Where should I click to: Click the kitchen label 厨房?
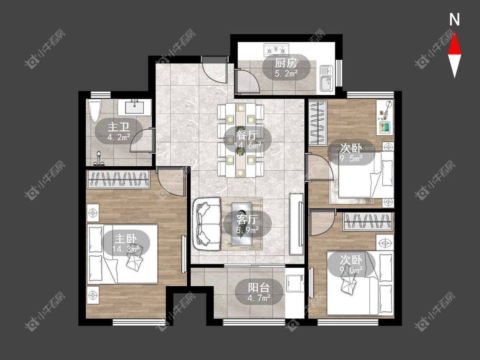click(x=285, y=64)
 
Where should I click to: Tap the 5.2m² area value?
click(x=286, y=73)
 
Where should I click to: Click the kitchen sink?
click(x=326, y=78)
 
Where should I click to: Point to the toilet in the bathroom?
click(x=94, y=111)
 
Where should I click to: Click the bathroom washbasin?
click(x=134, y=107)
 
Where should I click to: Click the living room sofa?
click(x=207, y=224)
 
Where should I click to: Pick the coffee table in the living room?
click(x=242, y=224)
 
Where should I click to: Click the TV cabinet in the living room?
click(x=297, y=224)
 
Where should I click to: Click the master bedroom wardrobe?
click(x=119, y=180)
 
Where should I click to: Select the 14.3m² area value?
click(x=126, y=249)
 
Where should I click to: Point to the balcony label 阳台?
click(x=259, y=288)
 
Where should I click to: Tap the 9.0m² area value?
click(x=351, y=270)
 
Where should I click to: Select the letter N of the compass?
click(x=454, y=20)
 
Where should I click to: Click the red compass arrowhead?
click(x=454, y=44)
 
